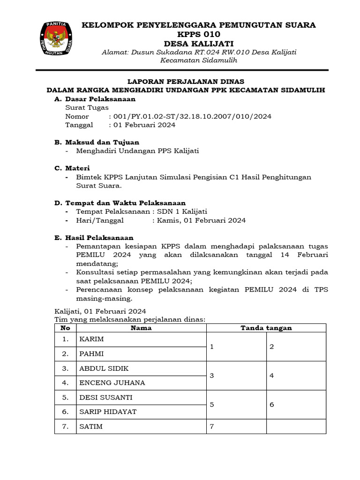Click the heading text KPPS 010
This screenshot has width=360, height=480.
(199, 35)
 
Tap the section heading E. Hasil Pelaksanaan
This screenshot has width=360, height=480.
(94, 238)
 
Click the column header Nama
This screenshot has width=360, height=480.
(141, 328)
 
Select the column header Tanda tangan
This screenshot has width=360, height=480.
(266, 328)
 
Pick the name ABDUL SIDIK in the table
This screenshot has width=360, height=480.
(104, 368)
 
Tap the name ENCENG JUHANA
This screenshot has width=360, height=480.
(112, 382)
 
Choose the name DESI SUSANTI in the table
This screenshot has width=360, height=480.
(106, 397)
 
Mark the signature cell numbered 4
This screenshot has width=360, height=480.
(296, 375)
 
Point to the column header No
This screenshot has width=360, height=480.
(65, 328)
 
